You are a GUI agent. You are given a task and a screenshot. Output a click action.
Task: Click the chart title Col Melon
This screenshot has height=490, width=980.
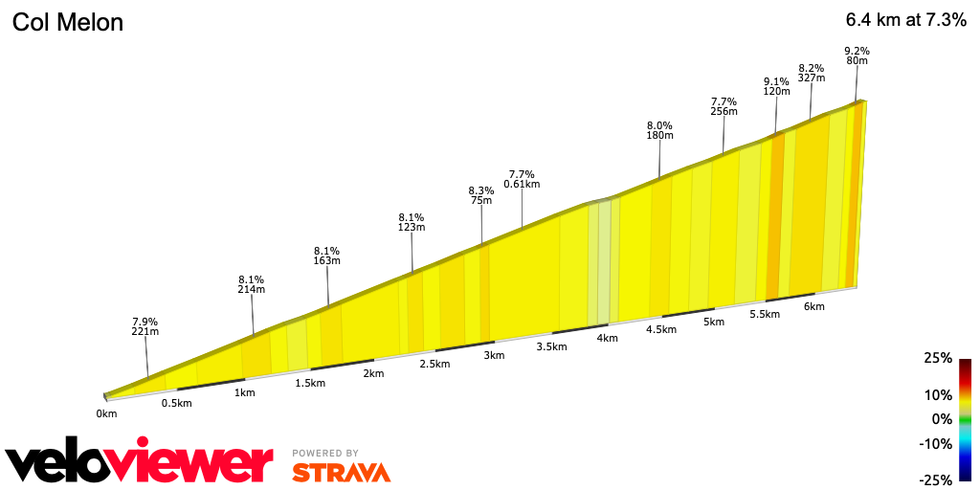[68, 22]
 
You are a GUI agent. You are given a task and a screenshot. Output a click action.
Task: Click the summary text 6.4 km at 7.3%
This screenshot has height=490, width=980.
[905, 21]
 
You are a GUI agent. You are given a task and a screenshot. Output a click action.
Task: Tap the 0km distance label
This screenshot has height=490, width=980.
[106, 413]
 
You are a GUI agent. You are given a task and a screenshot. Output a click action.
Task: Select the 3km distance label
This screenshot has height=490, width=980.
[494, 355]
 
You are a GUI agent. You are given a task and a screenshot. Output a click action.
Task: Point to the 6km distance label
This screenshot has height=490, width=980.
[814, 306]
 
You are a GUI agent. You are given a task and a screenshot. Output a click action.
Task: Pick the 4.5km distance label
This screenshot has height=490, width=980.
[661, 329]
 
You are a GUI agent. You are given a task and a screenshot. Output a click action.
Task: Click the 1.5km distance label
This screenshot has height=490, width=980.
[310, 383]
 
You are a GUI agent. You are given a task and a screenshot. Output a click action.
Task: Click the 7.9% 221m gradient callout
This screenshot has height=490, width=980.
[145, 326]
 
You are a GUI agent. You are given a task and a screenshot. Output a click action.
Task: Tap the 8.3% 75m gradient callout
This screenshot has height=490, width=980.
[480, 195]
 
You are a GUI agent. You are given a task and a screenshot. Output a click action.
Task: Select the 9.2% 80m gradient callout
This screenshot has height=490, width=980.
[857, 56]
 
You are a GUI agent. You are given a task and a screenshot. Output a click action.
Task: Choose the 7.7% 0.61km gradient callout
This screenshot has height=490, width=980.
[522, 179]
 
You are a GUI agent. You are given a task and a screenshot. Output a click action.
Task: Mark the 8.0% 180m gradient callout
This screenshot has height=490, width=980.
[660, 130]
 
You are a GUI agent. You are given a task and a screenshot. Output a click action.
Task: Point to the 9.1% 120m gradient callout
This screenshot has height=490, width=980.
[776, 86]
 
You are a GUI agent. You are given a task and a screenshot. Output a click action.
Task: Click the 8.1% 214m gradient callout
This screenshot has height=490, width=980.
[252, 283]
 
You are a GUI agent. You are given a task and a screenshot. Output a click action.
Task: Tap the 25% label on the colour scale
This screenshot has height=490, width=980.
[938, 358]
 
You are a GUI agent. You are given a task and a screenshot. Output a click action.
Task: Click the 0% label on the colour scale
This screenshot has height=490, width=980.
[942, 419]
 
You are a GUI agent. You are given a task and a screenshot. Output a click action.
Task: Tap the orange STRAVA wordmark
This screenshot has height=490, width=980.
[341, 472]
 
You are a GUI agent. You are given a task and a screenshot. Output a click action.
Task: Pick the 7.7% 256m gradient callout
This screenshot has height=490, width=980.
[724, 105]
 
